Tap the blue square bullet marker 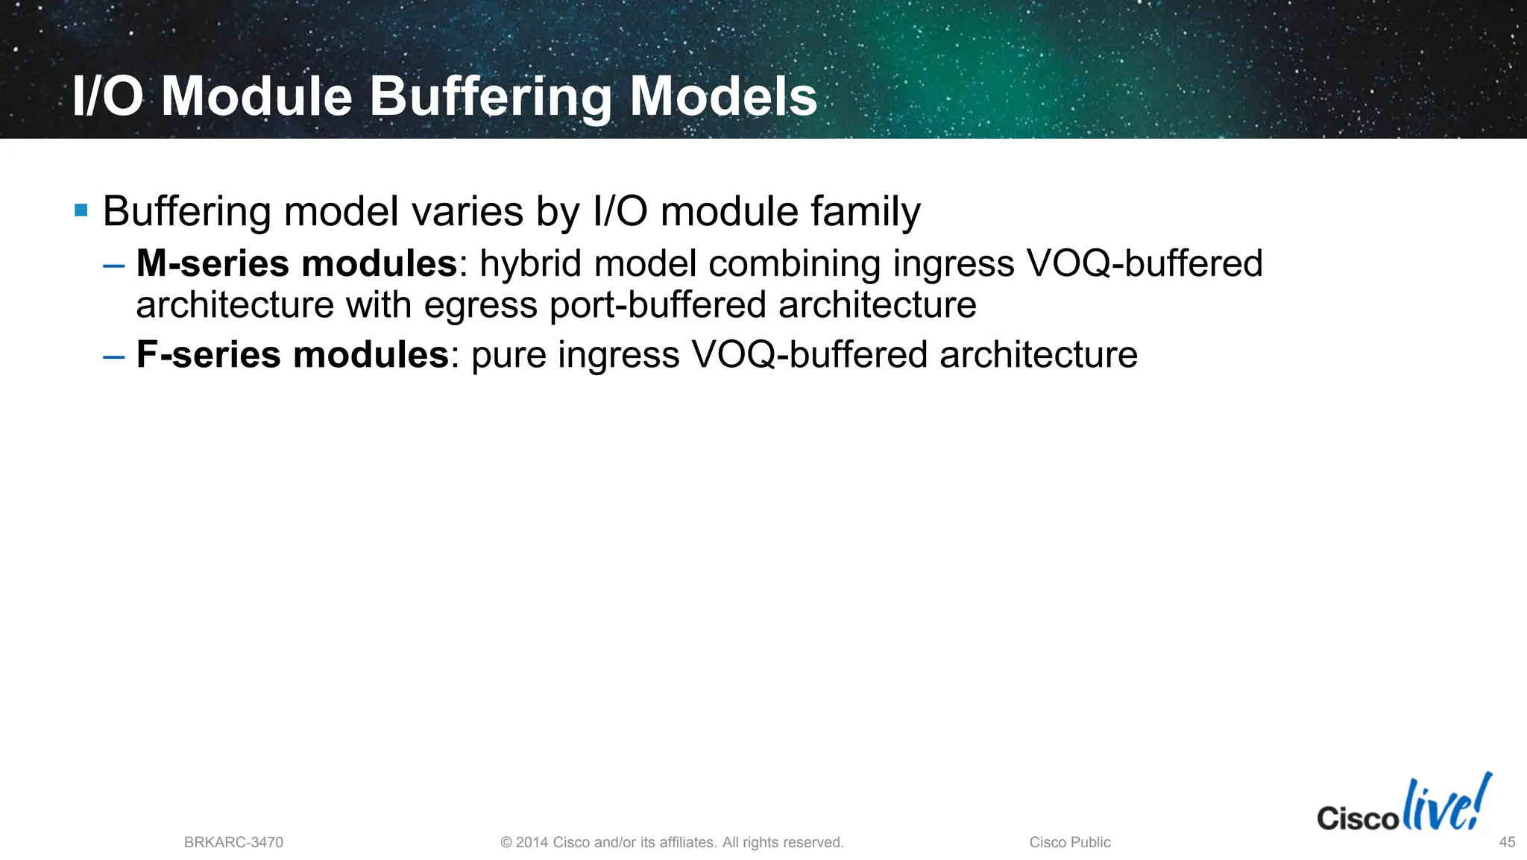[81, 210]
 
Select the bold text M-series [212, 263]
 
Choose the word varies [467, 211]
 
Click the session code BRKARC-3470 [233, 842]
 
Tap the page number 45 [1507, 842]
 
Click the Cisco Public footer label [1069, 842]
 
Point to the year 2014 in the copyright [532, 842]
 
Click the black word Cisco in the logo [1357, 818]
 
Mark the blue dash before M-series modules [114, 265]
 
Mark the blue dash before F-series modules [114, 356]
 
